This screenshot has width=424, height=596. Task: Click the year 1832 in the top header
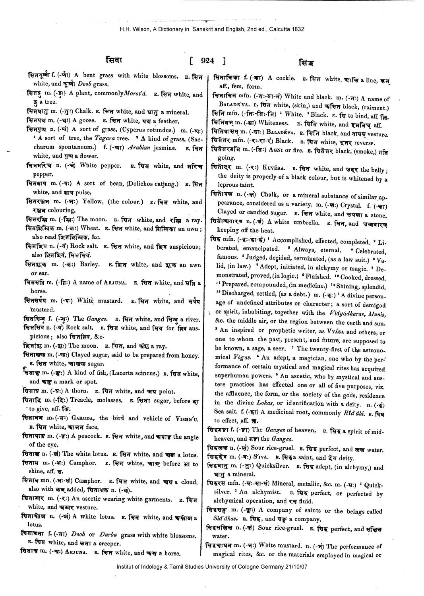(298, 29)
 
